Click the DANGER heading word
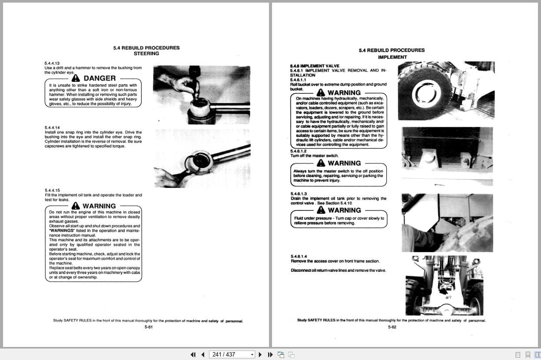100,78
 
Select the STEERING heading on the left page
146,53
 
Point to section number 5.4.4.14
52,127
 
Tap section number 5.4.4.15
52,190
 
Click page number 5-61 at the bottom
148,327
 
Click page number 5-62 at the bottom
392,327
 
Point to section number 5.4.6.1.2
299,151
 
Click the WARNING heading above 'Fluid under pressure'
344,210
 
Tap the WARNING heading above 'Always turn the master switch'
344,163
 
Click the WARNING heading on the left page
99,206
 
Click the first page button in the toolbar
193,354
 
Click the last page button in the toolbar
270,354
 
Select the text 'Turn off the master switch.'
314,156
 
